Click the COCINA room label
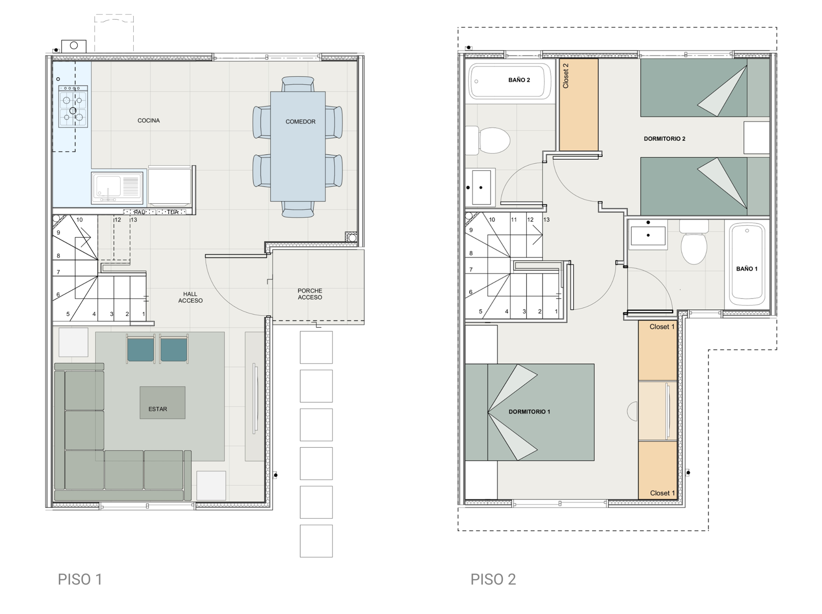point(149,120)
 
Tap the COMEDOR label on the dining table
point(300,121)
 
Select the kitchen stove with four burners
point(73,107)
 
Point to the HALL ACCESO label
point(190,297)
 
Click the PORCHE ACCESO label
point(310,294)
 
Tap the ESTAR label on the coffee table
point(158,409)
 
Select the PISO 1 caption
point(80,579)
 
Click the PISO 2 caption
point(493,579)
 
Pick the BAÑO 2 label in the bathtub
point(519,80)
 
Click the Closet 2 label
point(565,76)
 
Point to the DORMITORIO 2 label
point(664,139)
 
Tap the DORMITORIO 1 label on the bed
point(529,411)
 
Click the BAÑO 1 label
point(747,269)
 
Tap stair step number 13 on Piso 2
point(546,220)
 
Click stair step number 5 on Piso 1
point(68,314)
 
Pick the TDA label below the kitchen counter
point(173,212)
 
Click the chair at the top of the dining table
point(298,84)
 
